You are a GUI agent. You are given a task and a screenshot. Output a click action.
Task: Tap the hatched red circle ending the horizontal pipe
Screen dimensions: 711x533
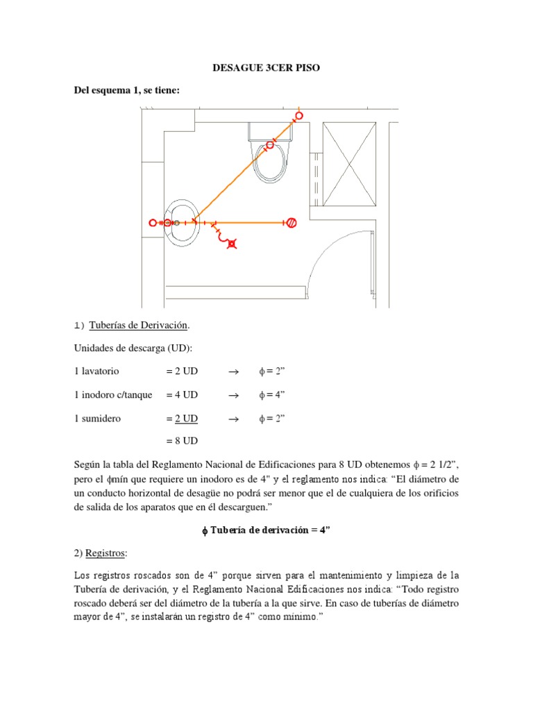pos(292,222)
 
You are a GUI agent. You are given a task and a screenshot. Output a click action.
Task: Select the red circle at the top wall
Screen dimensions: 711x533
pos(299,115)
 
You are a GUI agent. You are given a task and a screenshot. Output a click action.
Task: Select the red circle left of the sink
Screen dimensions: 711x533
pos(153,222)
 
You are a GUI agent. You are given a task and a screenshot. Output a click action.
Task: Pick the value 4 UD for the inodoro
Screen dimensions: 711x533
pos(182,394)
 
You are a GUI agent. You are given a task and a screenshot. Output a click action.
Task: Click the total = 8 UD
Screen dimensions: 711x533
pos(182,440)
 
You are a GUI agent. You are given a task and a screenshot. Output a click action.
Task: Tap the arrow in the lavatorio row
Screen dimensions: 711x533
pos(233,371)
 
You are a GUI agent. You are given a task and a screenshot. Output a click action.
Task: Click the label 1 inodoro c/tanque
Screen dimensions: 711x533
pos(112,394)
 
